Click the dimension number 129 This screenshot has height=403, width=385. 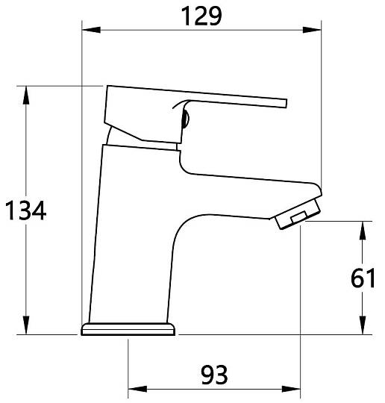(201, 16)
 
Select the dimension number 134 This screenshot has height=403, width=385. (25, 210)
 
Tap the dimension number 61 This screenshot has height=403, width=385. (363, 278)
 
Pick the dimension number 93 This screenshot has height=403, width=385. (214, 375)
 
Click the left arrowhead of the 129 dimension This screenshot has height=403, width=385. (91, 30)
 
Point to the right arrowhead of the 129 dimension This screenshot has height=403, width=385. (312, 30)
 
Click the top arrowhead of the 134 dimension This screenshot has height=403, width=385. (25, 95)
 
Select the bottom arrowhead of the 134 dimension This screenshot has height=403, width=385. (25, 325)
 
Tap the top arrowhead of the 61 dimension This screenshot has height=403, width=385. (363, 231)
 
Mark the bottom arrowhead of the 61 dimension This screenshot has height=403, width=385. (363, 325)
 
